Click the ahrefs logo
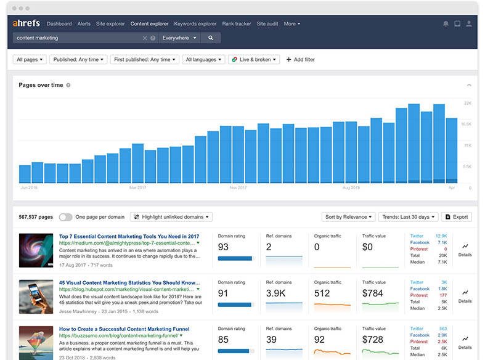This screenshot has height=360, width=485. (26, 23)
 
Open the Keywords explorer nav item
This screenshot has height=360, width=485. (195, 24)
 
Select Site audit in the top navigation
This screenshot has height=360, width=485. (267, 24)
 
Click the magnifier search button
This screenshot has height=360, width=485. (211, 38)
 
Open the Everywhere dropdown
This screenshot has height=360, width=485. (179, 38)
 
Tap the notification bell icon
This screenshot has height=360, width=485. (446, 24)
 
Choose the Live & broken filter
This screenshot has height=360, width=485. (254, 60)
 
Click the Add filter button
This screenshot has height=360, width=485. (301, 60)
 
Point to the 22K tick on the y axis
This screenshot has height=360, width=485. (468, 103)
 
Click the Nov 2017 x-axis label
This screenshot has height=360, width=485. (238, 187)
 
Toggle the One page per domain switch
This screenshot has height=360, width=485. (65, 217)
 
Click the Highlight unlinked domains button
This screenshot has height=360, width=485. (171, 217)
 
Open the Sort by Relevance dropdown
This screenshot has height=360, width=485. (348, 217)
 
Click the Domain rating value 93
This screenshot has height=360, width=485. (223, 247)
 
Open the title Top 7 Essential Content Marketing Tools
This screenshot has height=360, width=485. (129, 236)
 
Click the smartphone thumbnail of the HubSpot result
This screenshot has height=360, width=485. (36, 297)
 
